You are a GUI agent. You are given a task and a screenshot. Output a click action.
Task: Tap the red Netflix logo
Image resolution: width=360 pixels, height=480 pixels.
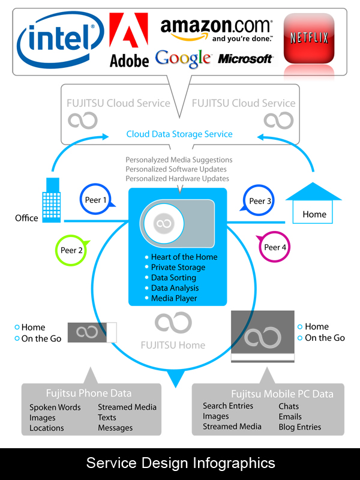coord(309,38)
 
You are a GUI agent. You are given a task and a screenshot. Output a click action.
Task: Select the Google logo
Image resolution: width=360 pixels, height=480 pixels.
coord(183,58)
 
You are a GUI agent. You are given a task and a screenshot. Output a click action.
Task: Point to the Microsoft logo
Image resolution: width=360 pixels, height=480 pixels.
coord(245,59)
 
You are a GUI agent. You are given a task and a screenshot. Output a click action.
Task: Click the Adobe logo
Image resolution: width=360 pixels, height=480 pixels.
coord(129,41)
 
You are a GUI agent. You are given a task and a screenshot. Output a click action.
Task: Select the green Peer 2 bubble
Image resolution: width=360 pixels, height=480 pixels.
coord(71,250)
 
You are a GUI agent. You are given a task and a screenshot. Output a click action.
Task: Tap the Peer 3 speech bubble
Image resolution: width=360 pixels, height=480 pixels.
coord(260,201)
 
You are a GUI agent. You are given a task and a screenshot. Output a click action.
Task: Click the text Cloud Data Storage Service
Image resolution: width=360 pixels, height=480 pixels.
coord(179,134)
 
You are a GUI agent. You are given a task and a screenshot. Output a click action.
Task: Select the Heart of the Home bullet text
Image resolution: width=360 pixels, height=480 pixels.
coord(184,257)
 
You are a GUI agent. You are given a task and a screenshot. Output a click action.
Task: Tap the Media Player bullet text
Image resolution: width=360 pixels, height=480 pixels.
coord(174,298)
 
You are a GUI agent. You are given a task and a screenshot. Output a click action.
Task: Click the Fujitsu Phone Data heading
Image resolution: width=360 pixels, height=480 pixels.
coord(89,394)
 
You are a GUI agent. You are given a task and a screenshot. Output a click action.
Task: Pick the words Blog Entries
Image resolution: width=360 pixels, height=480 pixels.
coord(300,427)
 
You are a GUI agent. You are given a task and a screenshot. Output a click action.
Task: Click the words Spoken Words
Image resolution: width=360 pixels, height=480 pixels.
coord(55,407)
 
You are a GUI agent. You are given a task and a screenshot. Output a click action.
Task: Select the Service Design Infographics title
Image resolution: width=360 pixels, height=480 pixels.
coord(181,463)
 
